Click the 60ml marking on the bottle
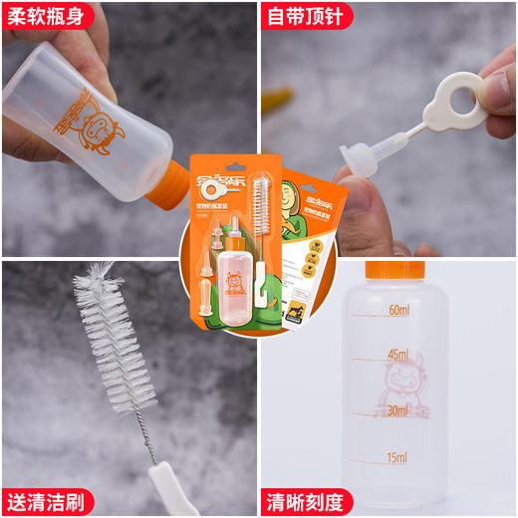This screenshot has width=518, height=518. click(x=398, y=311)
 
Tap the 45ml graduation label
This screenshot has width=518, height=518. click(x=398, y=355)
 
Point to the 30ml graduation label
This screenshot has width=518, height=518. click(x=398, y=409)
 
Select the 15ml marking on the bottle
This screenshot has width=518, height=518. click(x=397, y=457)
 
